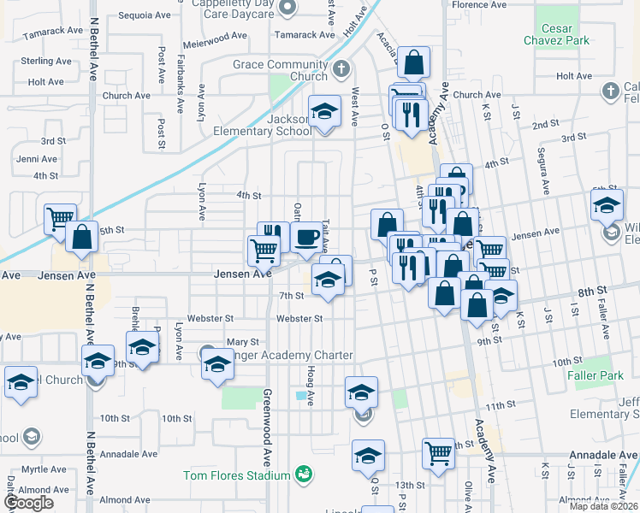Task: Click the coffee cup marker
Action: point(306,238)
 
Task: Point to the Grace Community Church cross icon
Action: point(341,69)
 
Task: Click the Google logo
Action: point(28,503)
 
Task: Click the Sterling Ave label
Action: point(46,62)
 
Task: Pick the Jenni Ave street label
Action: point(36,159)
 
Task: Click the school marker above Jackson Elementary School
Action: point(324,111)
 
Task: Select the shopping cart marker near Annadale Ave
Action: point(438,453)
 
